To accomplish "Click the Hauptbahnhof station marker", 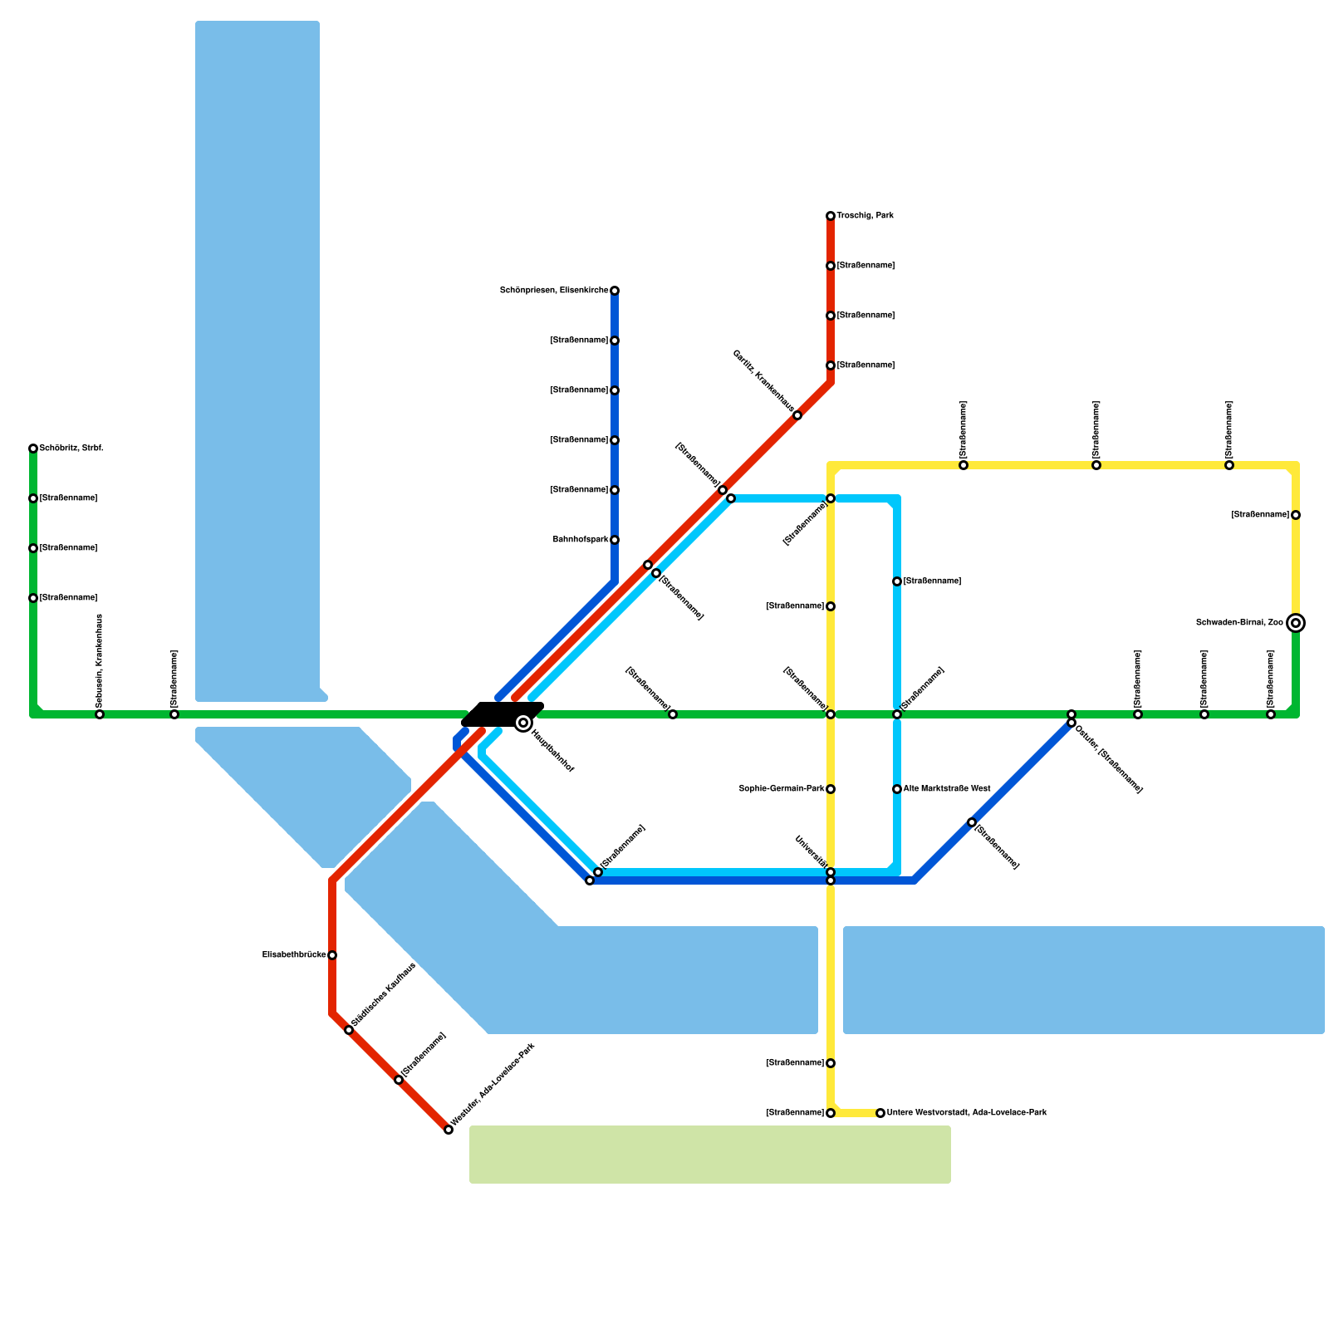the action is tap(523, 723).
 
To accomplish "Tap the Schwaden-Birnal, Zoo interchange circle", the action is tap(1296, 623).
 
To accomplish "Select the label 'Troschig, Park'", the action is tap(865, 216).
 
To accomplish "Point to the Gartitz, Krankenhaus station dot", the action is tap(797, 415).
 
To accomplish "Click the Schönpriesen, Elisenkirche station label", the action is tap(553, 291).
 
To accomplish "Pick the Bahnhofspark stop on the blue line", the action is tap(615, 540).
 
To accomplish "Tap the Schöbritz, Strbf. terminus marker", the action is tap(33, 449).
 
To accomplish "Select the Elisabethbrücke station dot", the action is tap(332, 955).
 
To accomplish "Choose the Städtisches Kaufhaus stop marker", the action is tap(349, 1030).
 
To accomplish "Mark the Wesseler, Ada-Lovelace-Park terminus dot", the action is tap(449, 1130).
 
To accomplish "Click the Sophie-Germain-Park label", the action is tap(781, 789).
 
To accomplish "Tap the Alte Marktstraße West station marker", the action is tap(897, 789).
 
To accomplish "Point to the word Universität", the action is tap(811, 851).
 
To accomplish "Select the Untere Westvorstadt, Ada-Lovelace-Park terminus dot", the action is tap(880, 1113).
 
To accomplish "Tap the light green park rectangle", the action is tap(710, 1155).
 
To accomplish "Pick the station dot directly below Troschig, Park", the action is tap(831, 266).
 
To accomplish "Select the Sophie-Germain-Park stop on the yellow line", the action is tap(831, 789).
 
